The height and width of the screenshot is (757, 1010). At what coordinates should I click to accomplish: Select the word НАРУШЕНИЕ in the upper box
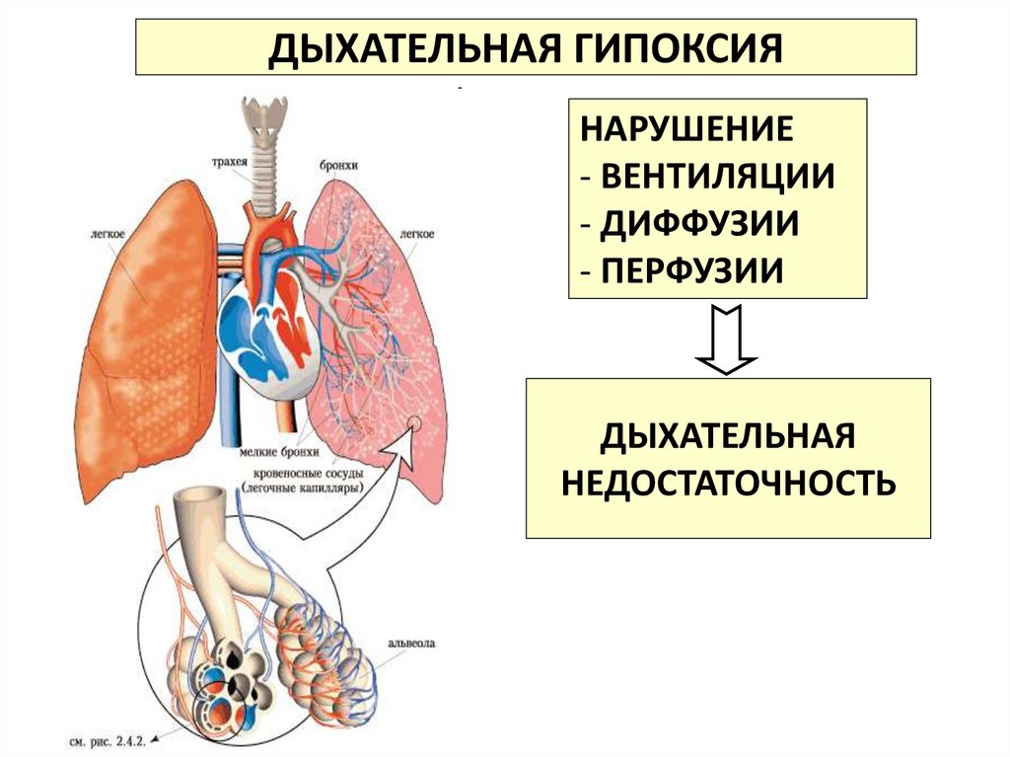click(687, 130)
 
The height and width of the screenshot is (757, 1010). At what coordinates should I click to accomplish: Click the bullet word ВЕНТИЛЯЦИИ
click(717, 177)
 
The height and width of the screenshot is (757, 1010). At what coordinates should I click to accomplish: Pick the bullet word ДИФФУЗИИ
click(699, 223)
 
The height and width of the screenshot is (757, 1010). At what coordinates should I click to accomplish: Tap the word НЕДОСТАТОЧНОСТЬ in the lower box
click(728, 483)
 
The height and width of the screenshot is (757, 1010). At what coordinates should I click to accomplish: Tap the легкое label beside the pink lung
click(418, 234)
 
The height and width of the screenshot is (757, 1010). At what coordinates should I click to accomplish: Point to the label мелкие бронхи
click(279, 453)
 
